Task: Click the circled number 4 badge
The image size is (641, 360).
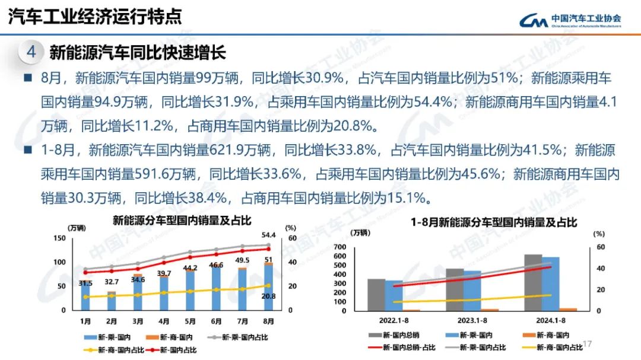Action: click(x=31, y=52)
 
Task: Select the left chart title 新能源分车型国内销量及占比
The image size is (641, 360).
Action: click(x=182, y=220)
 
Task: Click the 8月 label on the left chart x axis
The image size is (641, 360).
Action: click(x=268, y=321)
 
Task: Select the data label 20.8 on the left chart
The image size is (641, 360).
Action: click(x=269, y=295)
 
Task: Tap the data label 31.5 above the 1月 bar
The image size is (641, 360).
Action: click(x=87, y=283)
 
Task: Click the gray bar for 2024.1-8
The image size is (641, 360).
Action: click(x=532, y=282)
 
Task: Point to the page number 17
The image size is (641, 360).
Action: click(x=588, y=345)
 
